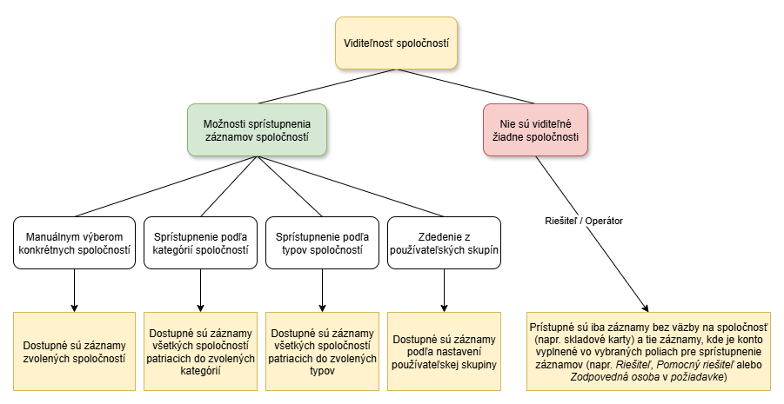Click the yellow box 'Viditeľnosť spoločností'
pos(396,43)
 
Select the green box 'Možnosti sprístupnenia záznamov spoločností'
pos(257,129)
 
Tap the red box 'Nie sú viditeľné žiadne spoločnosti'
pos(535,129)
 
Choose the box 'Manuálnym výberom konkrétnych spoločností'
pos(74,242)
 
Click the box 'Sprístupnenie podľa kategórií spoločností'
pos(200,242)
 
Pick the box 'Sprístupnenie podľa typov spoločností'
pos(322,242)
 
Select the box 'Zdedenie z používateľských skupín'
pos(444,242)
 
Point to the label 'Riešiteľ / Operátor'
pos(584,221)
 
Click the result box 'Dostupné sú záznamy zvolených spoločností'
pos(74,352)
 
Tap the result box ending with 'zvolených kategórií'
pos(200,352)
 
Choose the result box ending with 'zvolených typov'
pos(322,352)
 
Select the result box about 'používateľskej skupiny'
pos(444,352)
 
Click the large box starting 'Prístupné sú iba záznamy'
pos(648,352)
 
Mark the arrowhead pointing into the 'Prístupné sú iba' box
pos(646,308)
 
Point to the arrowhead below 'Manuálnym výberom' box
pos(74,308)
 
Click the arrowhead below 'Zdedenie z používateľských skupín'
pos(444,308)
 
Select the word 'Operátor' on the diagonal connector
pos(605,221)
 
